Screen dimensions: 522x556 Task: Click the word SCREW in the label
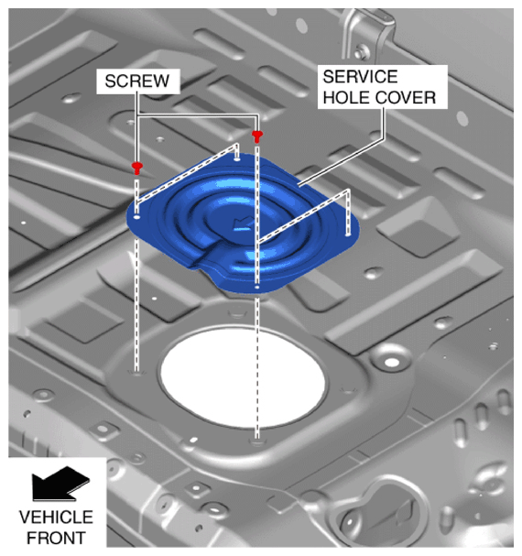click(137, 82)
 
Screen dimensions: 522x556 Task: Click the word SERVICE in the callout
click(360, 77)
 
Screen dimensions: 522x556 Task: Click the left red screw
click(136, 168)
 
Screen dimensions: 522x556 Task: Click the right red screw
click(257, 136)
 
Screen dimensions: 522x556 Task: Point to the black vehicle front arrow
click(60, 484)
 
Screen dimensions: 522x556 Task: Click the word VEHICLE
click(56, 518)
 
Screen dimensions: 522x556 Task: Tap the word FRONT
click(56, 538)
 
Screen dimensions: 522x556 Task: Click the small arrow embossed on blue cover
click(243, 223)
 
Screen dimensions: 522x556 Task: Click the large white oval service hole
click(243, 376)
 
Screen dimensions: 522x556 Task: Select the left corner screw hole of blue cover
click(136, 217)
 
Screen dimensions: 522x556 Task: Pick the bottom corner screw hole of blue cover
click(257, 287)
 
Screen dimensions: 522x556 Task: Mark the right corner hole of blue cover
click(348, 234)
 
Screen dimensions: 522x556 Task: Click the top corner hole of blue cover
click(237, 159)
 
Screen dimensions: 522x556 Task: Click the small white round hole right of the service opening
click(392, 363)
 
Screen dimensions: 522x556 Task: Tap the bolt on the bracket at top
click(362, 52)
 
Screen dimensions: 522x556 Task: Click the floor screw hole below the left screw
click(136, 372)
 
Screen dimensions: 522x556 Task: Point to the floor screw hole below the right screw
click(257, 442)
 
